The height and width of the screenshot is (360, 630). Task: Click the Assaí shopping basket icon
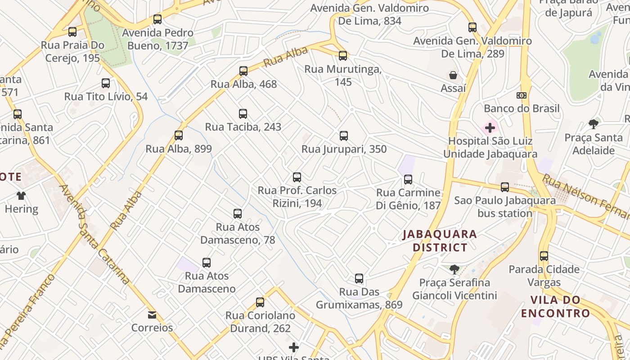coord(453,75)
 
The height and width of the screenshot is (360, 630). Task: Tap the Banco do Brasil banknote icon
coord(522,95)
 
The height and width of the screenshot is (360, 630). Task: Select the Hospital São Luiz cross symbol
coord(490,128)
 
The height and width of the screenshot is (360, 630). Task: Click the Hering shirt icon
coord(21,196)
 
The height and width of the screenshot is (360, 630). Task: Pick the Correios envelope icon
coord(152,315)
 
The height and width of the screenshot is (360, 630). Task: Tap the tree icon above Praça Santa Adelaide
coord(594,124)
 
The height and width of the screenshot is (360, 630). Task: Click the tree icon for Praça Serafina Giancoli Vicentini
coord(454,270)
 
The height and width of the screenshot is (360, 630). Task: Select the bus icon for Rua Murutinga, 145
coord(343,56)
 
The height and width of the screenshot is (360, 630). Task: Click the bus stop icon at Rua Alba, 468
coord(243,71)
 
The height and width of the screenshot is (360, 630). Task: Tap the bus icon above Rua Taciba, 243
coord(243,114)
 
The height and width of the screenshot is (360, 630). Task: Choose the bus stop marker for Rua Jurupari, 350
coord(344,136)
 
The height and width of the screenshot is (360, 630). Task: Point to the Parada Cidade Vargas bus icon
coord(544,256)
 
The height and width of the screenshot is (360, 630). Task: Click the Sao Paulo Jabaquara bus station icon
coord(505,187)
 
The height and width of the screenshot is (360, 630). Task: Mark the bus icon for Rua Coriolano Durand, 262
coord(260,302)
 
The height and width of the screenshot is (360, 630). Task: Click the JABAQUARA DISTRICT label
coord(440,241)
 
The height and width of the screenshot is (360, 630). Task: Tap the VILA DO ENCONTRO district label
coord(555,307)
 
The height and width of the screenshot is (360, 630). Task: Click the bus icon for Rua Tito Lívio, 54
coord(106,83)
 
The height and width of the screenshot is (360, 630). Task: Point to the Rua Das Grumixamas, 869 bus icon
coord(359,279)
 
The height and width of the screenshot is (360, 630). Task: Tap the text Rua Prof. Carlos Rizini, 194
coord(297,197)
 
